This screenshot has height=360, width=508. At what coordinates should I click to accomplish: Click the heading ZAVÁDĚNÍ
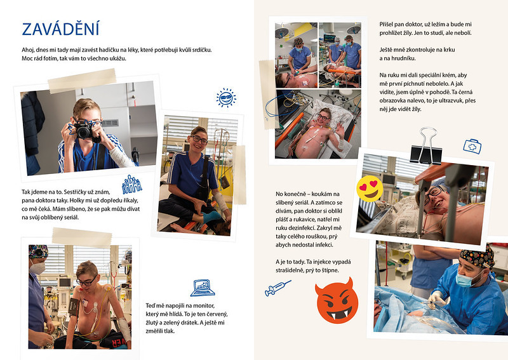point(60,29)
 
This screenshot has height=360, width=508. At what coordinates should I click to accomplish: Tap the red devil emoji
point(337,301)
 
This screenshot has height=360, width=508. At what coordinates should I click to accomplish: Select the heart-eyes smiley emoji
point(370,189)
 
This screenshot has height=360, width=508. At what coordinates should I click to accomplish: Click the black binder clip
point(426,146)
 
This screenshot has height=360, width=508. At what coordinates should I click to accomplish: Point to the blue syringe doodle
point(277,288)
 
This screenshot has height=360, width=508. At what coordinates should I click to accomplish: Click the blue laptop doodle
point(203,288)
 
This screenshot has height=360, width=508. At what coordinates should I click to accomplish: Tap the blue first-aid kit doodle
point(472,146)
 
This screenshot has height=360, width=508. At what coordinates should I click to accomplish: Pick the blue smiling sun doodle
point(226,98)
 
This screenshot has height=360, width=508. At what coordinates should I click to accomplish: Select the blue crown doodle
point(132,185)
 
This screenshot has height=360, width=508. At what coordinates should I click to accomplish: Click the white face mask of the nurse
point(37,268)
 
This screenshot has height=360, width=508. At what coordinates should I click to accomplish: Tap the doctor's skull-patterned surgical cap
point(478,257)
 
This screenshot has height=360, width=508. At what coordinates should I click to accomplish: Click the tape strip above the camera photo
point(82,80)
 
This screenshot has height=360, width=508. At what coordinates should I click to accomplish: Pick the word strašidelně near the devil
point(291,270)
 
